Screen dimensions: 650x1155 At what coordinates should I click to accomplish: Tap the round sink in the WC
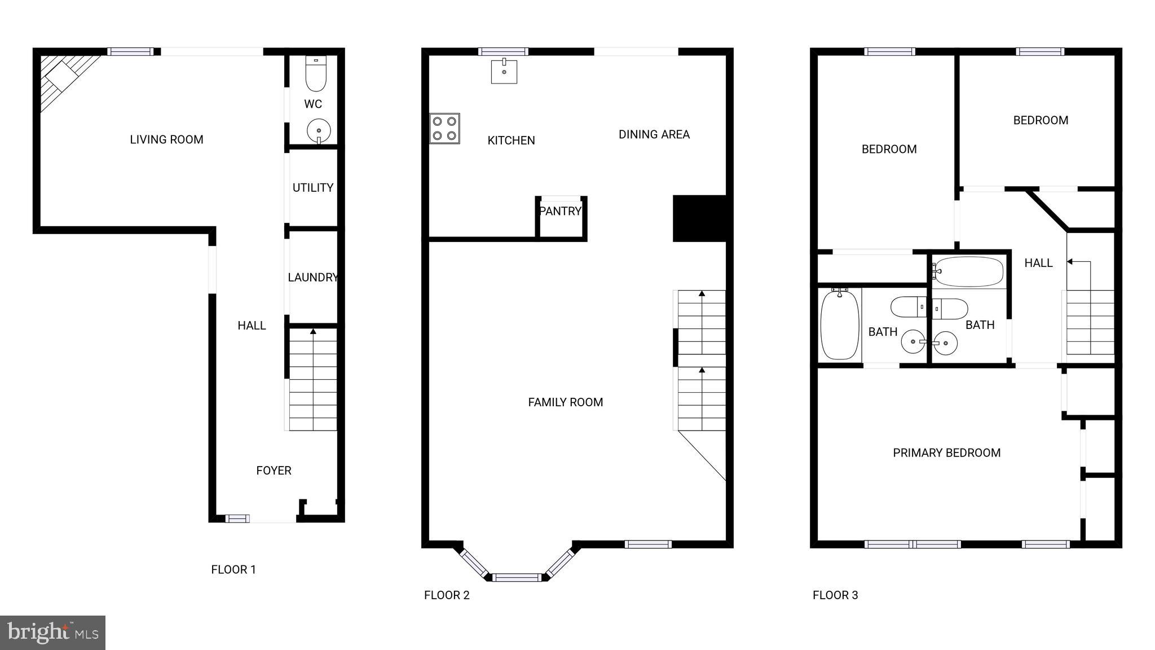click(319, 131)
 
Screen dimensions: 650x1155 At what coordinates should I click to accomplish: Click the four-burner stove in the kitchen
click(444, 128)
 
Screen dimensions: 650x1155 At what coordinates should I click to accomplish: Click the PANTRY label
click(560, 211)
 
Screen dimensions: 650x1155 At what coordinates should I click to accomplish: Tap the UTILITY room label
click(312, 188)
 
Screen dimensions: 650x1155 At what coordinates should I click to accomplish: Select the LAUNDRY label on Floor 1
click(312, 278)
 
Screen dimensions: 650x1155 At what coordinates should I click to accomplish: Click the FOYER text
click(274, 471)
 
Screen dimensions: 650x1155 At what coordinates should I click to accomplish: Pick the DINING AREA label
click(654, 134)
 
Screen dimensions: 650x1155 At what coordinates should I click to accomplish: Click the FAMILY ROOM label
click(565, 402)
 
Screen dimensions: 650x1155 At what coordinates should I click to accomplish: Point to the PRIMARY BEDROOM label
click(946, 453)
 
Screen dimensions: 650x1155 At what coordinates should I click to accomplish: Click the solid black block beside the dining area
click(699, 218)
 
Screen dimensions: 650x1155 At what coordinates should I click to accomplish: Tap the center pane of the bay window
click(517, 577)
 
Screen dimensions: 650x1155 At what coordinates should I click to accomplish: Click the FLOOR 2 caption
click(447, 595)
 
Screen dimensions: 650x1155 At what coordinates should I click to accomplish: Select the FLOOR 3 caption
click(835, 595)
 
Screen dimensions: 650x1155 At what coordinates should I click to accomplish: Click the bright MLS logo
click(52, 633)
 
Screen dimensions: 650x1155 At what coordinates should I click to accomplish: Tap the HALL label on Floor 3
click(1038, 263)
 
